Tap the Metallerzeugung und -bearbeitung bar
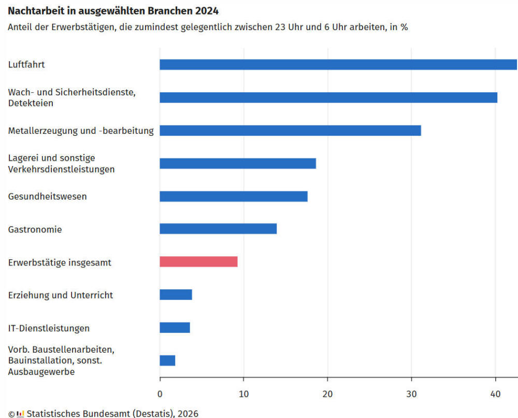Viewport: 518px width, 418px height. [x=290, y=131]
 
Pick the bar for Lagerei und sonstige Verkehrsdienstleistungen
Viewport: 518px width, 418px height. [x=238, y=163]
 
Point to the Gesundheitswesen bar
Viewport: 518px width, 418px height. [x=234, y=197]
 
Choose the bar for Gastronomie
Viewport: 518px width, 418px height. [x=218, y=229]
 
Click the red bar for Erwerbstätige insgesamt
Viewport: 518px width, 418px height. [x=198, y=262]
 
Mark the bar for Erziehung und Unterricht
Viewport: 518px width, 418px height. [x=176, y=295]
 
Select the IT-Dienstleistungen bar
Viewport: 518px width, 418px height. [x=175, y=328]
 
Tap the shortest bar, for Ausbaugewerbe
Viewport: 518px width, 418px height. [x=167, y=360]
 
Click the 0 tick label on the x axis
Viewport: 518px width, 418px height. [x=160, y=394]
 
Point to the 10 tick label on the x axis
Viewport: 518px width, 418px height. [x=243, y=394]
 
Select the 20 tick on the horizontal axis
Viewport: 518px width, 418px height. [x=327, y=394]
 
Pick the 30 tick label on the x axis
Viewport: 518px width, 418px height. [x=411, y=394]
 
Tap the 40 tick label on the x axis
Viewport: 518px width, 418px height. [x=495, y=394]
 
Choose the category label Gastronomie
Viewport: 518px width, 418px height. [x=35, y=229]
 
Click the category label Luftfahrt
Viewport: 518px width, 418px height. [x=26, y=65]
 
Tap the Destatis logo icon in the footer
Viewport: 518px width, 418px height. [x=20, y=413]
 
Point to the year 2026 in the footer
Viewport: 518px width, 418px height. [x=188, y=413]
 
